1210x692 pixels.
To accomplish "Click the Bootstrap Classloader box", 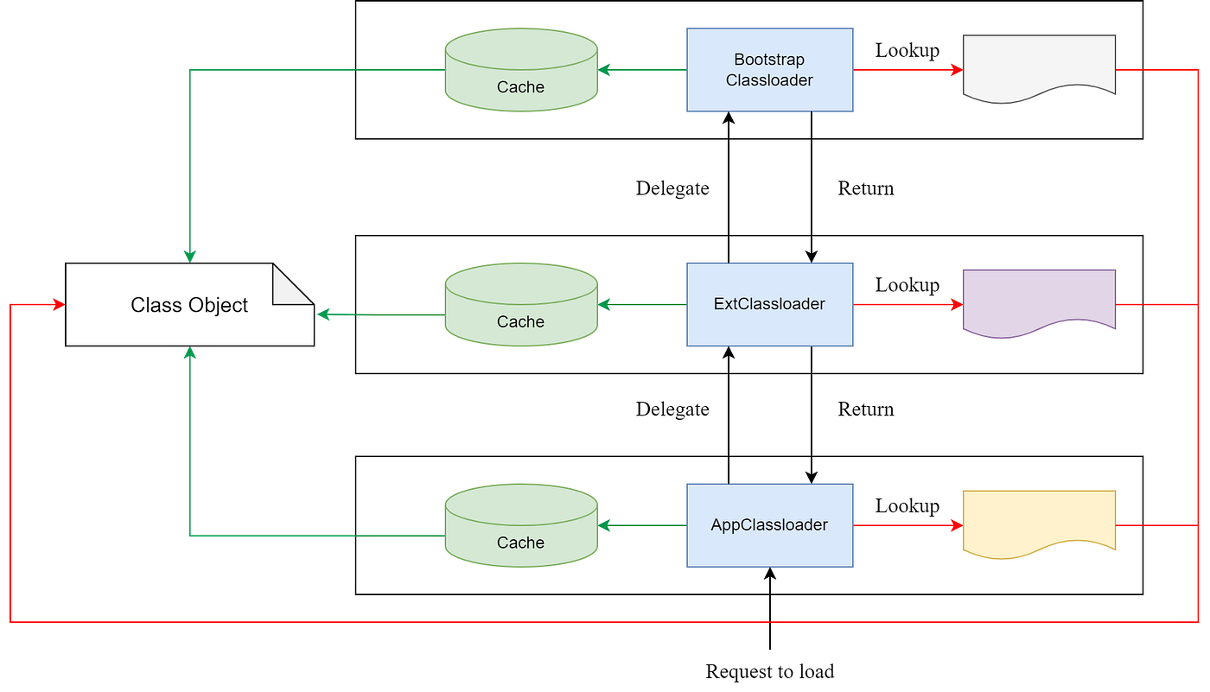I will tap(769, 70).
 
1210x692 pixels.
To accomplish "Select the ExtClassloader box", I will tap(769, 304).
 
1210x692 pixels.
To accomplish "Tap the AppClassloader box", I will tap(769, 525).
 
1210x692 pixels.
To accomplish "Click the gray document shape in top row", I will tap(1039, 67).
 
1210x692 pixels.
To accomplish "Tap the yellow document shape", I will tap(1039, 523).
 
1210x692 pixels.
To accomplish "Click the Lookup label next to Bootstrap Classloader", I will tap(907, 50).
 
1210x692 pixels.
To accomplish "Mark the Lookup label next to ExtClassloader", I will tap(907, 285).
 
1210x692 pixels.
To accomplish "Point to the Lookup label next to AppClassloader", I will tap(907, 506).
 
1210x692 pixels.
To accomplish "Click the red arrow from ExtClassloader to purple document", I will tap(907, 305).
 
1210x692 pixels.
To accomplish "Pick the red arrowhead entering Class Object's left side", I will tap(57, 304).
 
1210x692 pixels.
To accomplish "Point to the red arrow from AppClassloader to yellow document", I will tap(907, 525).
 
